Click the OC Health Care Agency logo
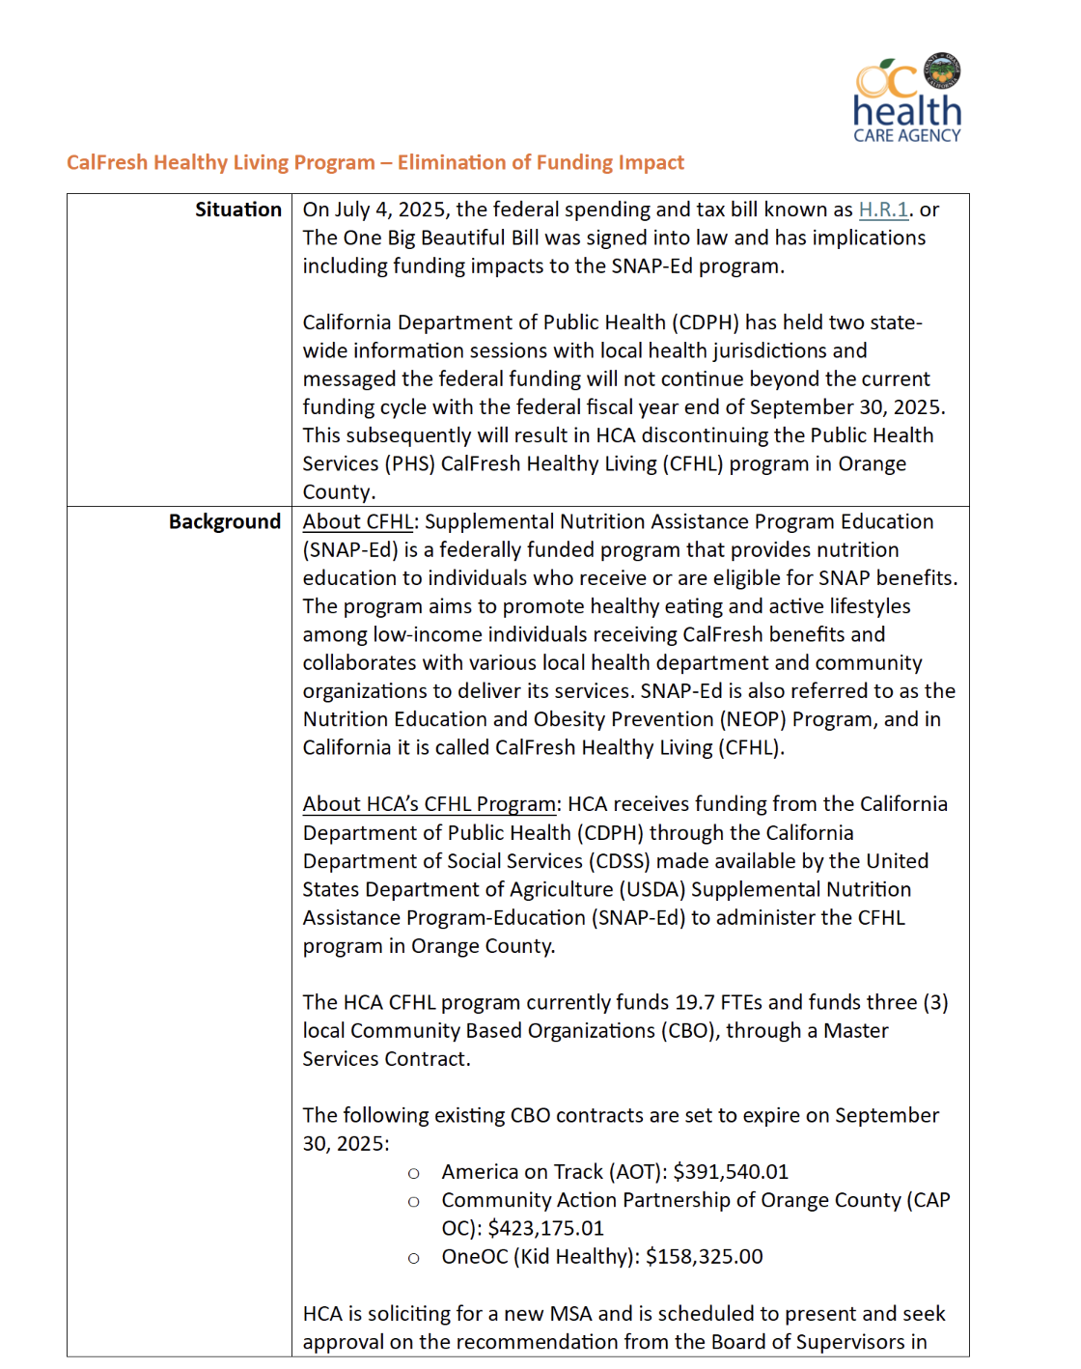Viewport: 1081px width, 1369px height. point(907,98)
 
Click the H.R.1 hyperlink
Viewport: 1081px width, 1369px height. point(883,210)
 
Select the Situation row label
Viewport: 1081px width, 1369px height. point(237,210)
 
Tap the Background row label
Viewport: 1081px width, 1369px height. point(224,521)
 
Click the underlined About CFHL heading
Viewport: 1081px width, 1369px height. point(357,521)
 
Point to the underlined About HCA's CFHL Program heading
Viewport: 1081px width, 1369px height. point(430,804)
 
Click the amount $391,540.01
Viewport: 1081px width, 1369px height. point(731,1172)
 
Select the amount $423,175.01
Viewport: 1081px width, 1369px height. point(545,1228)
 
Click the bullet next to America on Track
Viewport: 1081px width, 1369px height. point(414,1173)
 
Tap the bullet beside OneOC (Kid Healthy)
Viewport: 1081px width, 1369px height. point(414,1258)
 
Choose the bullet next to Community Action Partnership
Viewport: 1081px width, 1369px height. point(414,1202)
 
